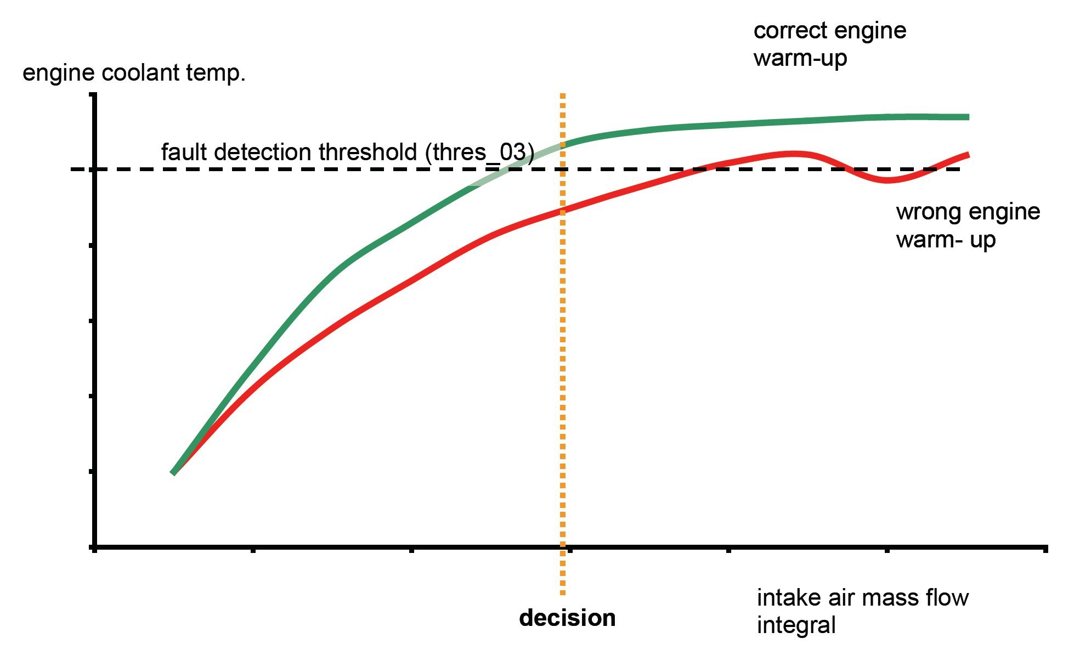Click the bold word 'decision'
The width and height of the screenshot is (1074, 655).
[567, 618]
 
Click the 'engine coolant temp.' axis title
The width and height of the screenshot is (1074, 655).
[134, 73]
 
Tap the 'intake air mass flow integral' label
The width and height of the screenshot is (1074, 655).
[862, 611]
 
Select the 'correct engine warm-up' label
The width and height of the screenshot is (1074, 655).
[829, 44]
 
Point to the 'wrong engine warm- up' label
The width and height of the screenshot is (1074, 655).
[968, 225]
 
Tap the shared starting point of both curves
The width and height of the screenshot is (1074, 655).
[173, 472]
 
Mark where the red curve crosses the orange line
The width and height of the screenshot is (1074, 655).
[562, 211]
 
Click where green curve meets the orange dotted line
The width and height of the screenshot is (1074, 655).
[562, 145]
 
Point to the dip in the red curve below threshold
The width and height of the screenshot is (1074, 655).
[886, 180]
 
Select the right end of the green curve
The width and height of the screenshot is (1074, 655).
[968, 117]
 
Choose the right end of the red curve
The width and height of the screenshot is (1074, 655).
[968, 155]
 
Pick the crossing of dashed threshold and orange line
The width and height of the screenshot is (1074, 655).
[562, 169]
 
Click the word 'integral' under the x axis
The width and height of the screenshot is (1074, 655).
[796, 625]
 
